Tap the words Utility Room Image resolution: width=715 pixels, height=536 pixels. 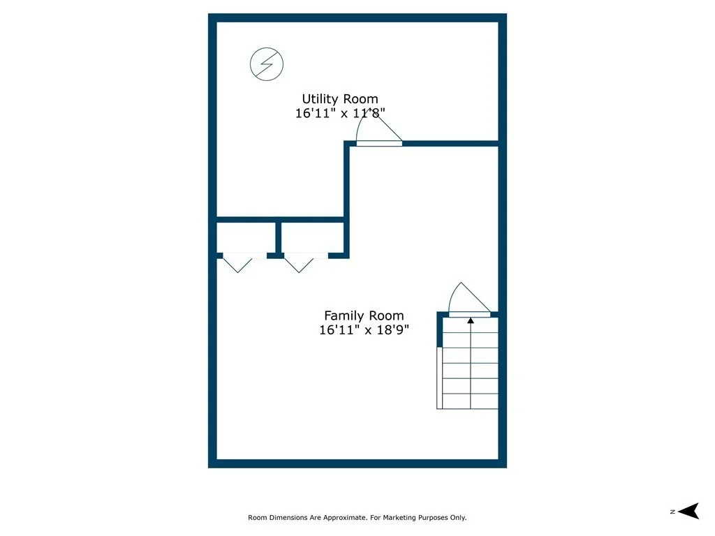[340, 99]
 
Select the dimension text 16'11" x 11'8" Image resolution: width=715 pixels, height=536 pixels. [340, 113]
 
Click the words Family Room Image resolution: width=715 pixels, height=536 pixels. [364, 315]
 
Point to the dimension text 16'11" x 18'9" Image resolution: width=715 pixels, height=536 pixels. [364, 329]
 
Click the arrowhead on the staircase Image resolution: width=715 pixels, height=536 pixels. [471, 321]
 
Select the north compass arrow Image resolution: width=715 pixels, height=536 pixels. [688, 511]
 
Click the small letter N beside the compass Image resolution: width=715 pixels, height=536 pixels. [672, 512]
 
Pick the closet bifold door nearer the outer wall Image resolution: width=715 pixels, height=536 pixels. [237, 263]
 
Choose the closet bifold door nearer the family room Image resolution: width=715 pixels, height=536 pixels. [299, 263]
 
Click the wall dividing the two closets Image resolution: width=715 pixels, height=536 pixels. [278, 238]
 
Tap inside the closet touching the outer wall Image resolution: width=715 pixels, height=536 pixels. [246, 237]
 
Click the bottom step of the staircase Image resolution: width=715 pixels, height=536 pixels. [470, 401]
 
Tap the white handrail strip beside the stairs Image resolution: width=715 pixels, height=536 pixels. [440, 378]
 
